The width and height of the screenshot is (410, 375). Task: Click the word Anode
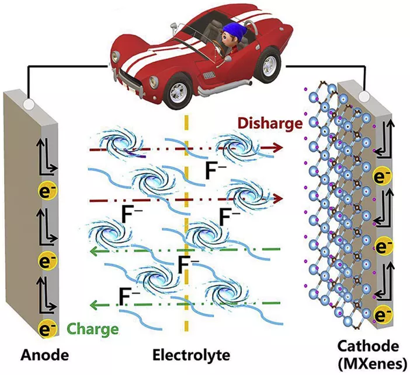click(45, 354)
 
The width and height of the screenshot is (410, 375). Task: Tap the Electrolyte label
click(191, 354)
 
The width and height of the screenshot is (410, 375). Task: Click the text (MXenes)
click(371, 363)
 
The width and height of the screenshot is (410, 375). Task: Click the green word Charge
click(93, 328)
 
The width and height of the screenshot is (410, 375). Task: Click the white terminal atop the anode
click(27, 104)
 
